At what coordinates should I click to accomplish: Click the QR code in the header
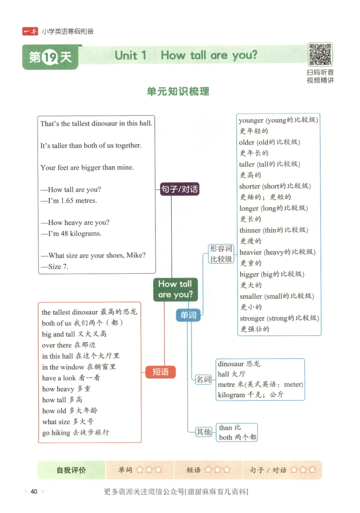(x=320, y=55)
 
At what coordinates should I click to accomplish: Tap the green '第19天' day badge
(x=51, y=57)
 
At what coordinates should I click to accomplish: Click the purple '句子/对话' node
(x=179, y=189)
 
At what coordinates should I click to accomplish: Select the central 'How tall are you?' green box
(x=175, y=289)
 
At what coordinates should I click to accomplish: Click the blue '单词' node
(x=188, y=315)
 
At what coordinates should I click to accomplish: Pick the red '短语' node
(x=161, y=372)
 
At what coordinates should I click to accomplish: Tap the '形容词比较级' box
(x=221, y=254)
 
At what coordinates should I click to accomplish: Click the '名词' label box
(x=203, y=379)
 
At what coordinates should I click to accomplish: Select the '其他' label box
(x=203, y=431)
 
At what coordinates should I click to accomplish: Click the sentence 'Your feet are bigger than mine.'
(x=87, y=168)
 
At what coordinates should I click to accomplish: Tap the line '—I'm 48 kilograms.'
(x=71, y=233)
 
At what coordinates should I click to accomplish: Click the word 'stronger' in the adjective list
(x=252, y=318)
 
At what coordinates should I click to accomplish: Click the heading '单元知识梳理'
(x=178, y=91)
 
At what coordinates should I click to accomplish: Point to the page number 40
(x=34, y=491)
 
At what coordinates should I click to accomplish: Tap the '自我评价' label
(x=71, y=470)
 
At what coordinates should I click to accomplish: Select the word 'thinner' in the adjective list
(x=250, y=230)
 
